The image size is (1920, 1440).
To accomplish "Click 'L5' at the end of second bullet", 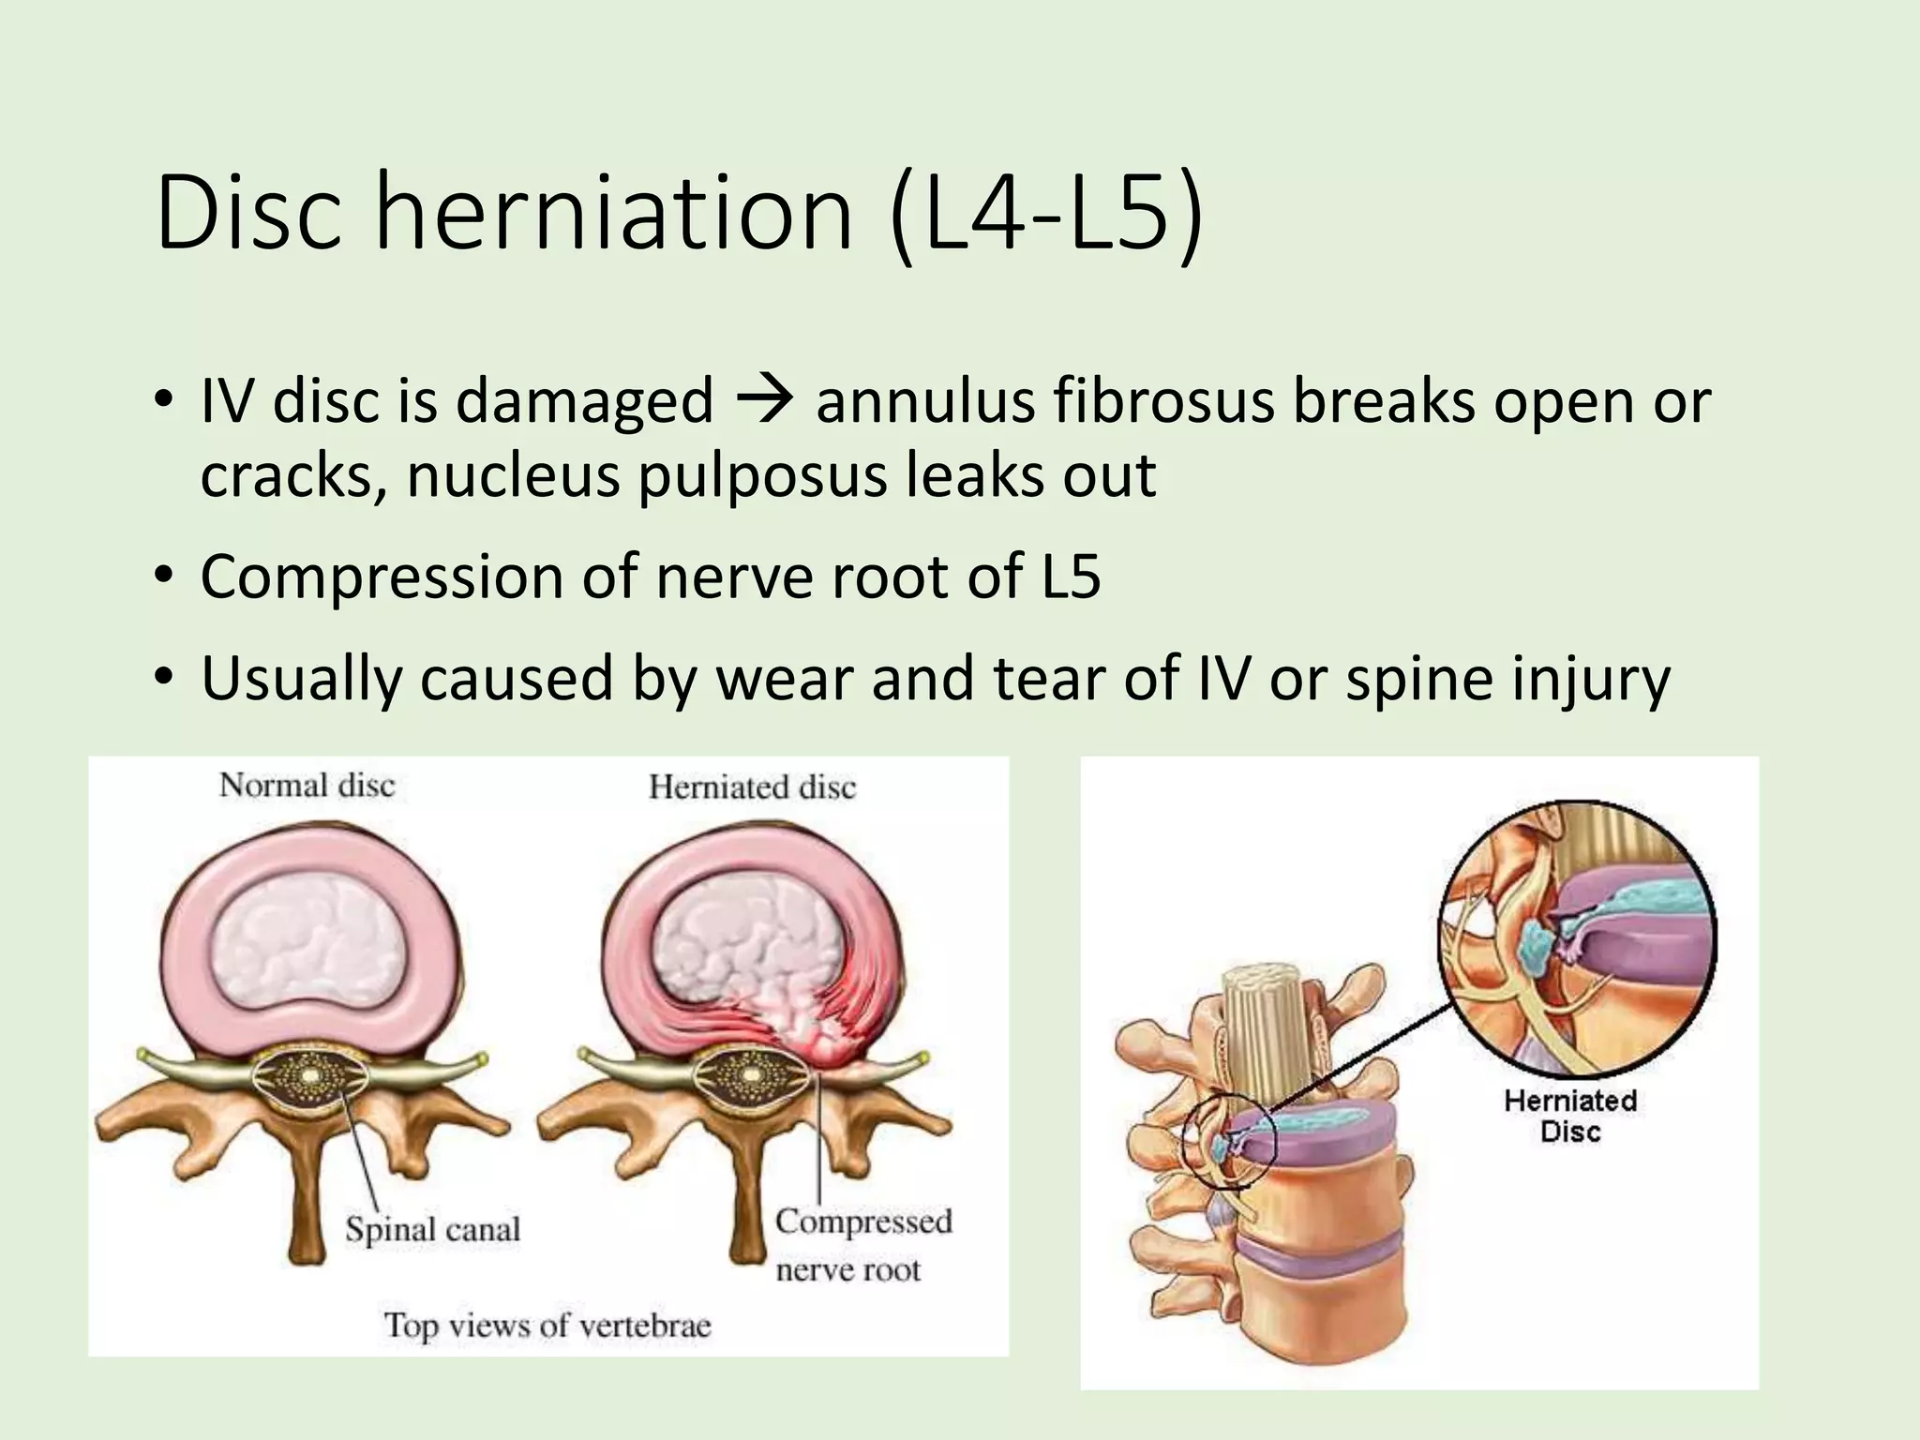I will pyautogui.click(x=1071, y=576).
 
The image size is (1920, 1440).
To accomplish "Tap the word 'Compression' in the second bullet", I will pyautogui.click(x=380, y=577).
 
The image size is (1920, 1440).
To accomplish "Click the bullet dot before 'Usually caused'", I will pyautogui.click(x=166, y=677).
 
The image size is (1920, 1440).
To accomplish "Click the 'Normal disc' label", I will pyautogui.click(x=307, y=786).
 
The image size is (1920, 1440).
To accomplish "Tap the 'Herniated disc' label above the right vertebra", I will pyautogui.click(x=752, y=787).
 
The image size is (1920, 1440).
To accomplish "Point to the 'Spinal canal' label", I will pyautogui.click(x=432, y=1229).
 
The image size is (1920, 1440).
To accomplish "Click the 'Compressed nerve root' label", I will pyautogui.click(x=862, y=1245).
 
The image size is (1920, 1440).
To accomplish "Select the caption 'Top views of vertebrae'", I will pyautogui.click(x=547, y=1325).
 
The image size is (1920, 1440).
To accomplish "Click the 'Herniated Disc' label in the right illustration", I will pyautogui.click(x=1570, y=1115).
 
